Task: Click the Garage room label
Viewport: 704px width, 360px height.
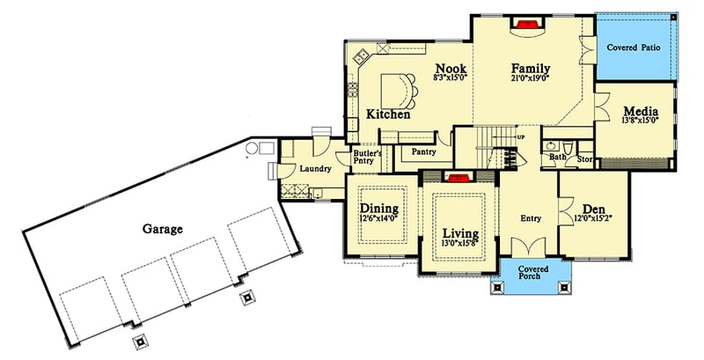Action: (162, 229)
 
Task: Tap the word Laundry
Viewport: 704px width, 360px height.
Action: (314, 168)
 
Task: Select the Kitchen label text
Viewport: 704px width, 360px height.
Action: (389, 114)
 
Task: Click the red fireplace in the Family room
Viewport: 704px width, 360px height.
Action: (525, 25)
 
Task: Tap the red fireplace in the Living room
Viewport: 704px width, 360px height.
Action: (457, 177)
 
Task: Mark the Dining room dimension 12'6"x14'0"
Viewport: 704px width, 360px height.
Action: (380, 217)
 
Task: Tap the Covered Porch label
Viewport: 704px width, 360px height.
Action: (534, 276)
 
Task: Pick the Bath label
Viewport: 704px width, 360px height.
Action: (558, 158)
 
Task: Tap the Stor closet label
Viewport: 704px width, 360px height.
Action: (585, 159)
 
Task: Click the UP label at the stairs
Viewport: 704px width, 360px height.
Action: (521, 137)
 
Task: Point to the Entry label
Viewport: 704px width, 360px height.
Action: (530, 217)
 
